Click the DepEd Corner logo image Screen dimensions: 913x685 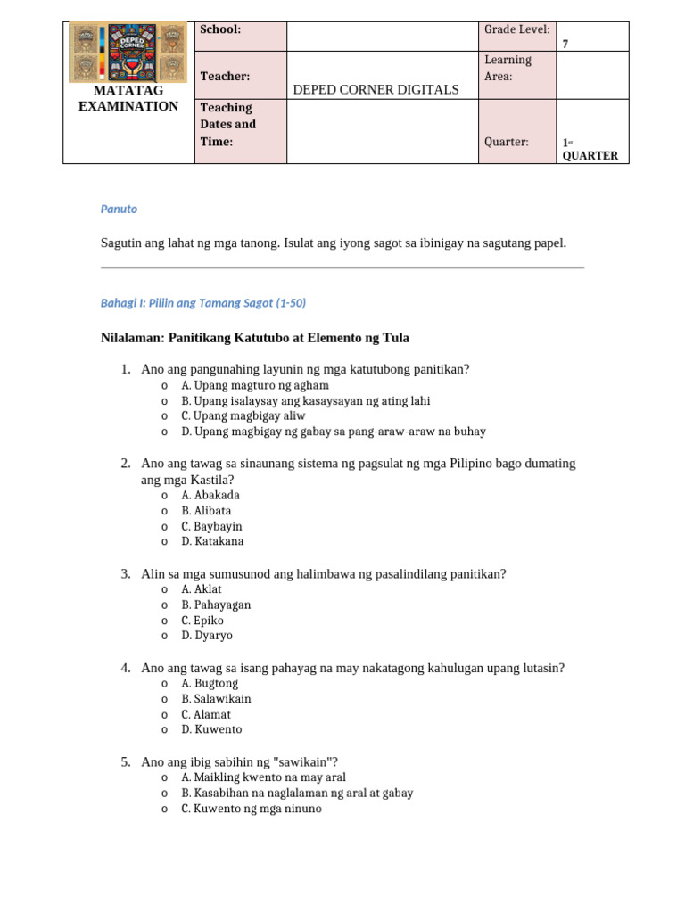pyautogui.click(x=128, y=52)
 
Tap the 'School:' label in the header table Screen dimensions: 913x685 pyautogui.click(x=220, y=29)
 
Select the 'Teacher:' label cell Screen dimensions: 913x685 pyautogui.click(x=225, y=78)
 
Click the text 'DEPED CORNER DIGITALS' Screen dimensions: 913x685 pyautogui.click(x=376, y=89)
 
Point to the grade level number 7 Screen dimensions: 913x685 pyautogui.click(x=565, y=44)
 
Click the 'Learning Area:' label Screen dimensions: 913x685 pyautogui.click(x=508, y=68)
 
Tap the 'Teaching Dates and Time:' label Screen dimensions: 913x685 pyautogui.click(x=228, y=125)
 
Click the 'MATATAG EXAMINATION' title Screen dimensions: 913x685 pyautogui.click(x=128, y=99)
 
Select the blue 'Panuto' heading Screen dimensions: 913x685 pyautogui.click(x=119, y=209)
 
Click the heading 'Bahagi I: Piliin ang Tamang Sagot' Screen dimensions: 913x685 pyautogui.click(x=202, y=303)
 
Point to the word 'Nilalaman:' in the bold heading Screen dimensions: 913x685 pyautogui.click(x=136, y=338)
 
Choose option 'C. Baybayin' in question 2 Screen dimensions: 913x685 pyautogui.click(x=211, y=526)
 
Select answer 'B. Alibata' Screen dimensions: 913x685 pyautogui.click(x=206, y=511)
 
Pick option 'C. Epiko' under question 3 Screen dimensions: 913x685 pyautogui.click(x=202, y=621)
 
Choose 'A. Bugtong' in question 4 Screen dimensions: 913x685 pyautogui.click(x=210, y=683)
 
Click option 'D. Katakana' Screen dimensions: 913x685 pyautogui.click(x=212, y=541)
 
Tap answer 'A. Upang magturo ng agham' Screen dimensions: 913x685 pyautogui.click(x=255, y=385)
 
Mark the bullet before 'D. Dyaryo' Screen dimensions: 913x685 pyautogui.click(x=164, y=637)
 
